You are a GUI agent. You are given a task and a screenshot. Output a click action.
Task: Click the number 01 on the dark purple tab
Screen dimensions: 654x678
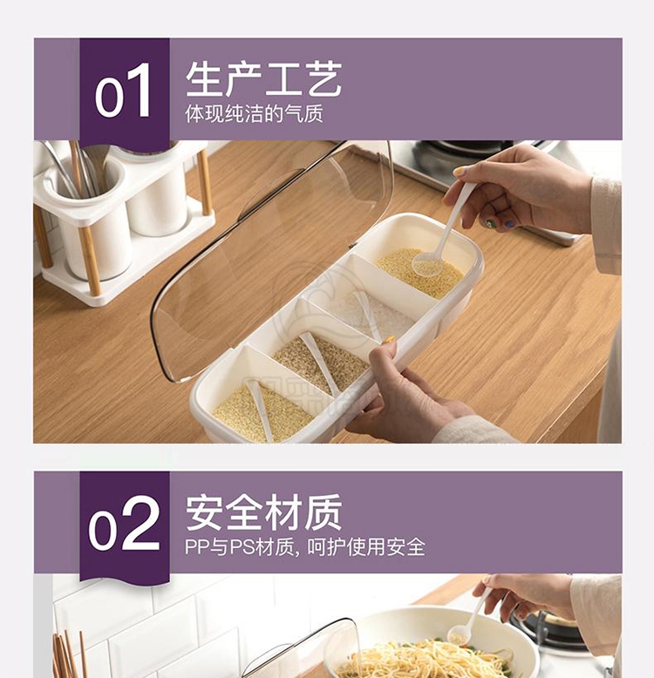pyautogui.click(x=123, y=91)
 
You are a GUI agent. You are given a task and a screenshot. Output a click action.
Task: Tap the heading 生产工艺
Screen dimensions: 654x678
pyautogui.click(x=264, y=78)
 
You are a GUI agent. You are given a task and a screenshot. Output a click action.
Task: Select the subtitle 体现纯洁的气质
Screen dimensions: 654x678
pyautogui.click(x=254, y=113)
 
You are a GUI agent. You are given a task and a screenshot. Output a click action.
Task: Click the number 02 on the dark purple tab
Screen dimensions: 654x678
pyautogui.click(x=123, y=524)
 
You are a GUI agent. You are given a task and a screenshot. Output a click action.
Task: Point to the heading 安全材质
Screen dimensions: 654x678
pyautogui.click(x=264, y=512)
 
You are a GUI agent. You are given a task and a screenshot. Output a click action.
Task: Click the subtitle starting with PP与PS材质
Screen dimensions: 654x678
pyautogui.click(x=305, y=547)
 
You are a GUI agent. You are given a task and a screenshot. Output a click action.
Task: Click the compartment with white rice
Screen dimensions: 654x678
pyautogui.click(x=376, y=311)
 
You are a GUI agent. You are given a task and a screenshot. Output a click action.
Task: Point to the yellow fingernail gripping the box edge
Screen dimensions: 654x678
pyautogui.click(x=389, y=340)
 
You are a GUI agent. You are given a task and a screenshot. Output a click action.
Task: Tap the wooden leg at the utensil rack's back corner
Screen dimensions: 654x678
pyautogui.click(x=204, y=181)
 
